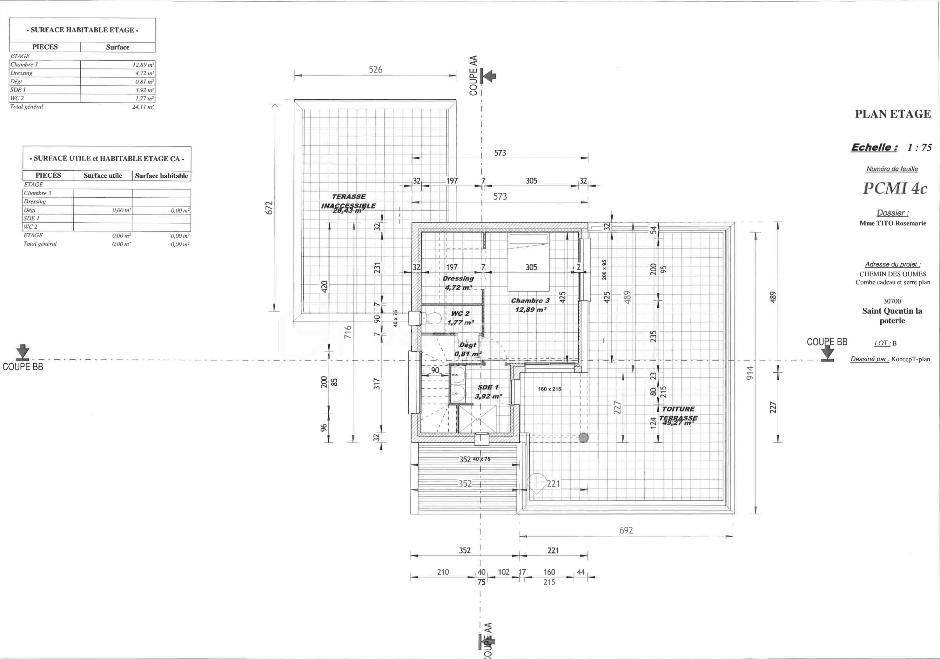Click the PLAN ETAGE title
[x=892, y=114]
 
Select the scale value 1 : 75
[x=919, y=147]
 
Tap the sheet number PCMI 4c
[x=895, y=188]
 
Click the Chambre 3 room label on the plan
[x=530, y=301]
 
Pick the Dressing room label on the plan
[x=458, y=279]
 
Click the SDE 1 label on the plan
[x=488, y=387]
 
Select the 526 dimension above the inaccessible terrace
[x=375, y=70]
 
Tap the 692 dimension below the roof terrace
[x=626, y=530]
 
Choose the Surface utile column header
[x=103, y=176]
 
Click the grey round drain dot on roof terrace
[x=583, y=438]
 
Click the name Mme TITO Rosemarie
[x=892, y=223]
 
